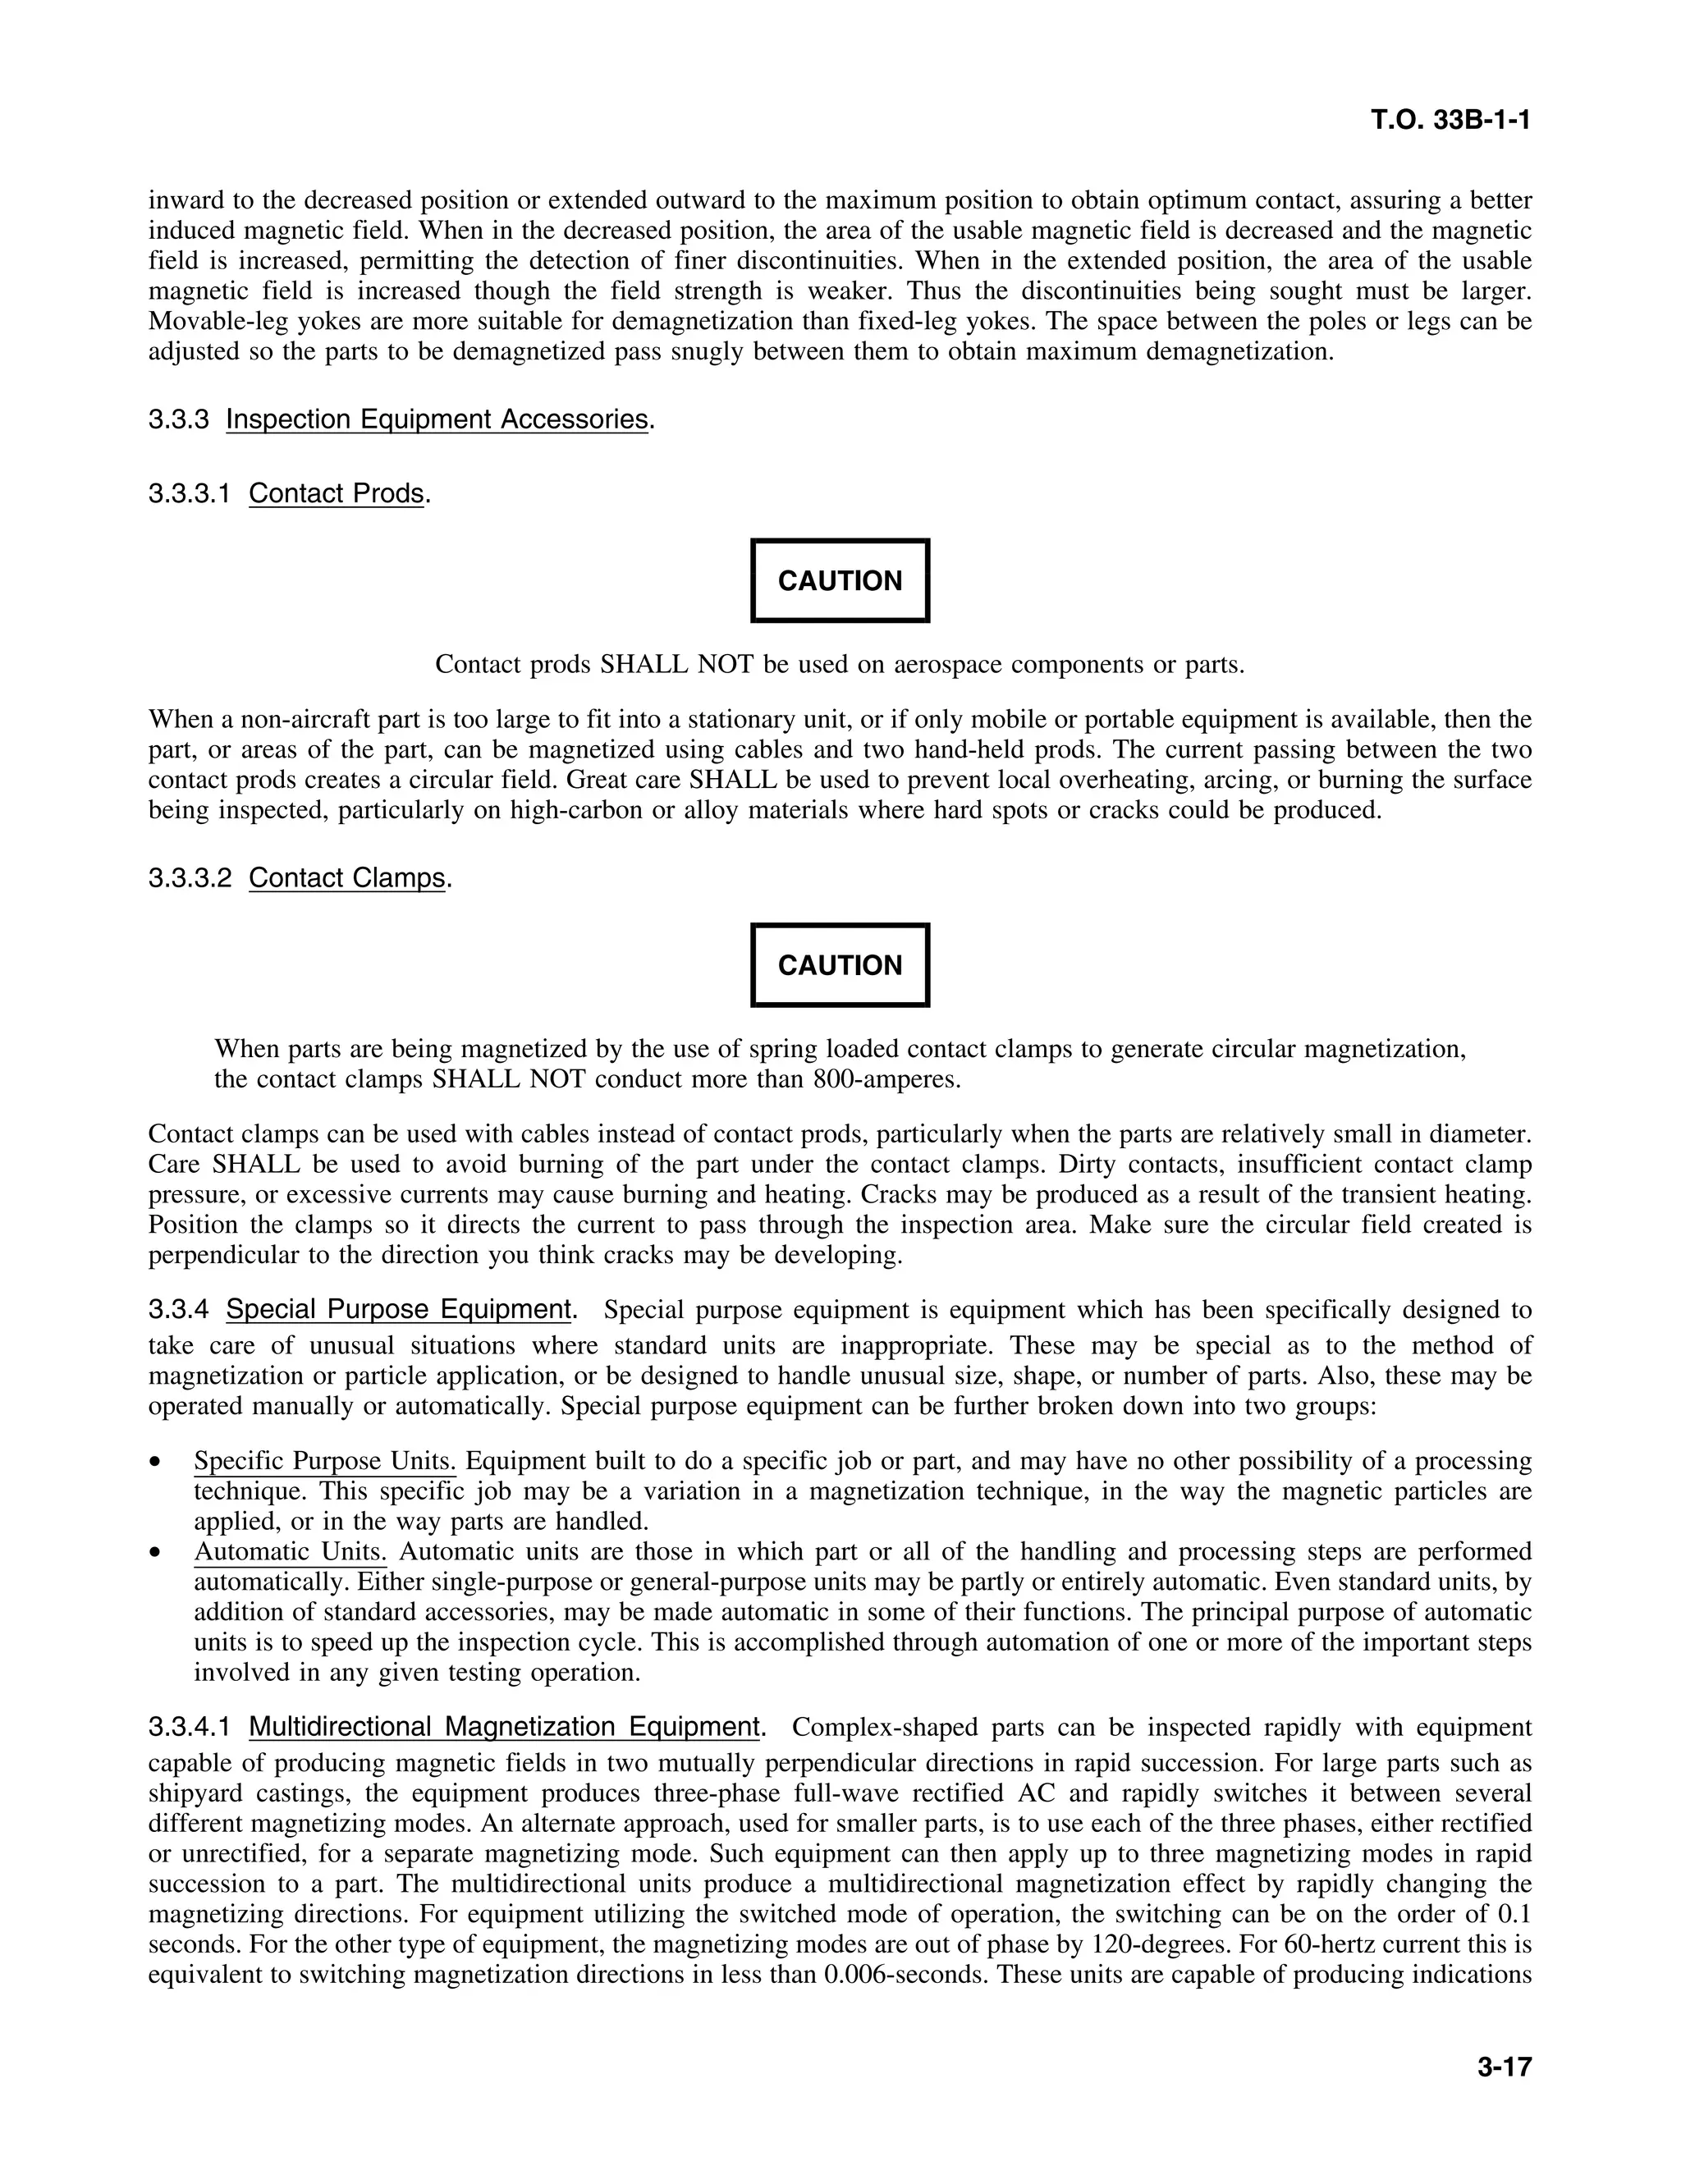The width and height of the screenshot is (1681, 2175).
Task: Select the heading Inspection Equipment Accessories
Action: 437,419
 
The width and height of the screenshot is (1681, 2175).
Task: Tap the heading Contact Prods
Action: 337,493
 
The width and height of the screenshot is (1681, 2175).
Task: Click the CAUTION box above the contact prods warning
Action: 840,580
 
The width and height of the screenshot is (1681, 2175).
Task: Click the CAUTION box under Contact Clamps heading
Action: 840,965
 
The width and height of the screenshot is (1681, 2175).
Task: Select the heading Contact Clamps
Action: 346,877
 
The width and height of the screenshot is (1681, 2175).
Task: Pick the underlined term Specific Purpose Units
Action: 325,1461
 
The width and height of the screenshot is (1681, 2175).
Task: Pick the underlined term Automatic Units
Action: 290,1551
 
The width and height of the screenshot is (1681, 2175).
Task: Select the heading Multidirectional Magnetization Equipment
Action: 504,1726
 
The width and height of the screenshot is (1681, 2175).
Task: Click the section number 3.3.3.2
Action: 190,877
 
